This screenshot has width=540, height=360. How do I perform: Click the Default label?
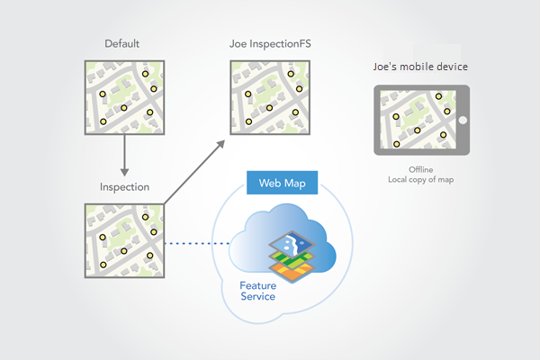pyautogui.click(x=121, y=43)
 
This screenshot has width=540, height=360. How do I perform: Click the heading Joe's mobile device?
pyautogui.click(x=420, y=67)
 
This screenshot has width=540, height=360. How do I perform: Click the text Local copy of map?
pyautogui.click(x=420, y=180)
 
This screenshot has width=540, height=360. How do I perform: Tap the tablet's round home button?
pyautogui.click(x=463, y=121)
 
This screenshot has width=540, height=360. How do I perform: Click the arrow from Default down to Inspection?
pyautogui.click(x=124, y=157)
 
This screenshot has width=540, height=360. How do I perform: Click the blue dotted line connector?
pyautogui.click(x=197, y=241)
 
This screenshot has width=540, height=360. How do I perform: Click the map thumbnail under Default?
pyautogui.click(x=124, y=98)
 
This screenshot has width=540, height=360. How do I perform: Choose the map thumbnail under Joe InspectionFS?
pyautogui.click(x=268, y=98)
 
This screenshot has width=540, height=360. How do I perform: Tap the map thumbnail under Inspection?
pyautogui.click(x=124, y=241)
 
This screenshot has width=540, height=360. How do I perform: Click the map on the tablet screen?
pyautogui.click(x=417, y=121)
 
